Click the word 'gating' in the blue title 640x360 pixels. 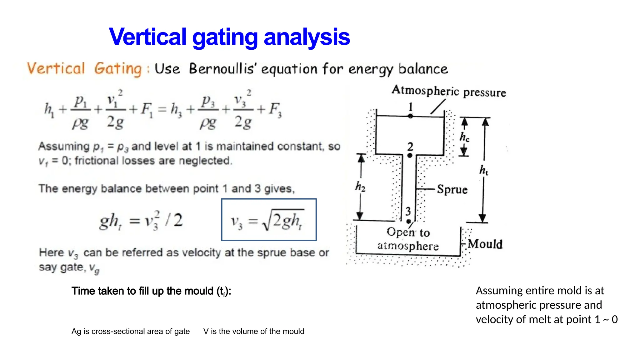[x=225, y=37]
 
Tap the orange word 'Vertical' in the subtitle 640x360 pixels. [x=56, y=68]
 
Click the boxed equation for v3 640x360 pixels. [x=269, y=220]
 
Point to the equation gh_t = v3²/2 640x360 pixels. [x=141, y=221]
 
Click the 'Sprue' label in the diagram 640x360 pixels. [x=452, y=189]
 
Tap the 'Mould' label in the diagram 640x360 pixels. [x=485, y=244]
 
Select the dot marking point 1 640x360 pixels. [x=410, y=116]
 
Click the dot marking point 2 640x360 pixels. [x=410, y=155]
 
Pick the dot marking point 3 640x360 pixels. [x=408, y=222]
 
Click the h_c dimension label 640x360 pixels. [x=464, y=137]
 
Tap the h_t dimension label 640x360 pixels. [x=484, y=170]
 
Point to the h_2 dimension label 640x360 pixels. [x=360, y=187]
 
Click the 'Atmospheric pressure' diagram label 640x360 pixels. [x=449, y=91]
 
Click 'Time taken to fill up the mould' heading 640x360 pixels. [x=151, y=291]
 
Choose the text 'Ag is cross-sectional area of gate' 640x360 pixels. [x=131, y=331]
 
